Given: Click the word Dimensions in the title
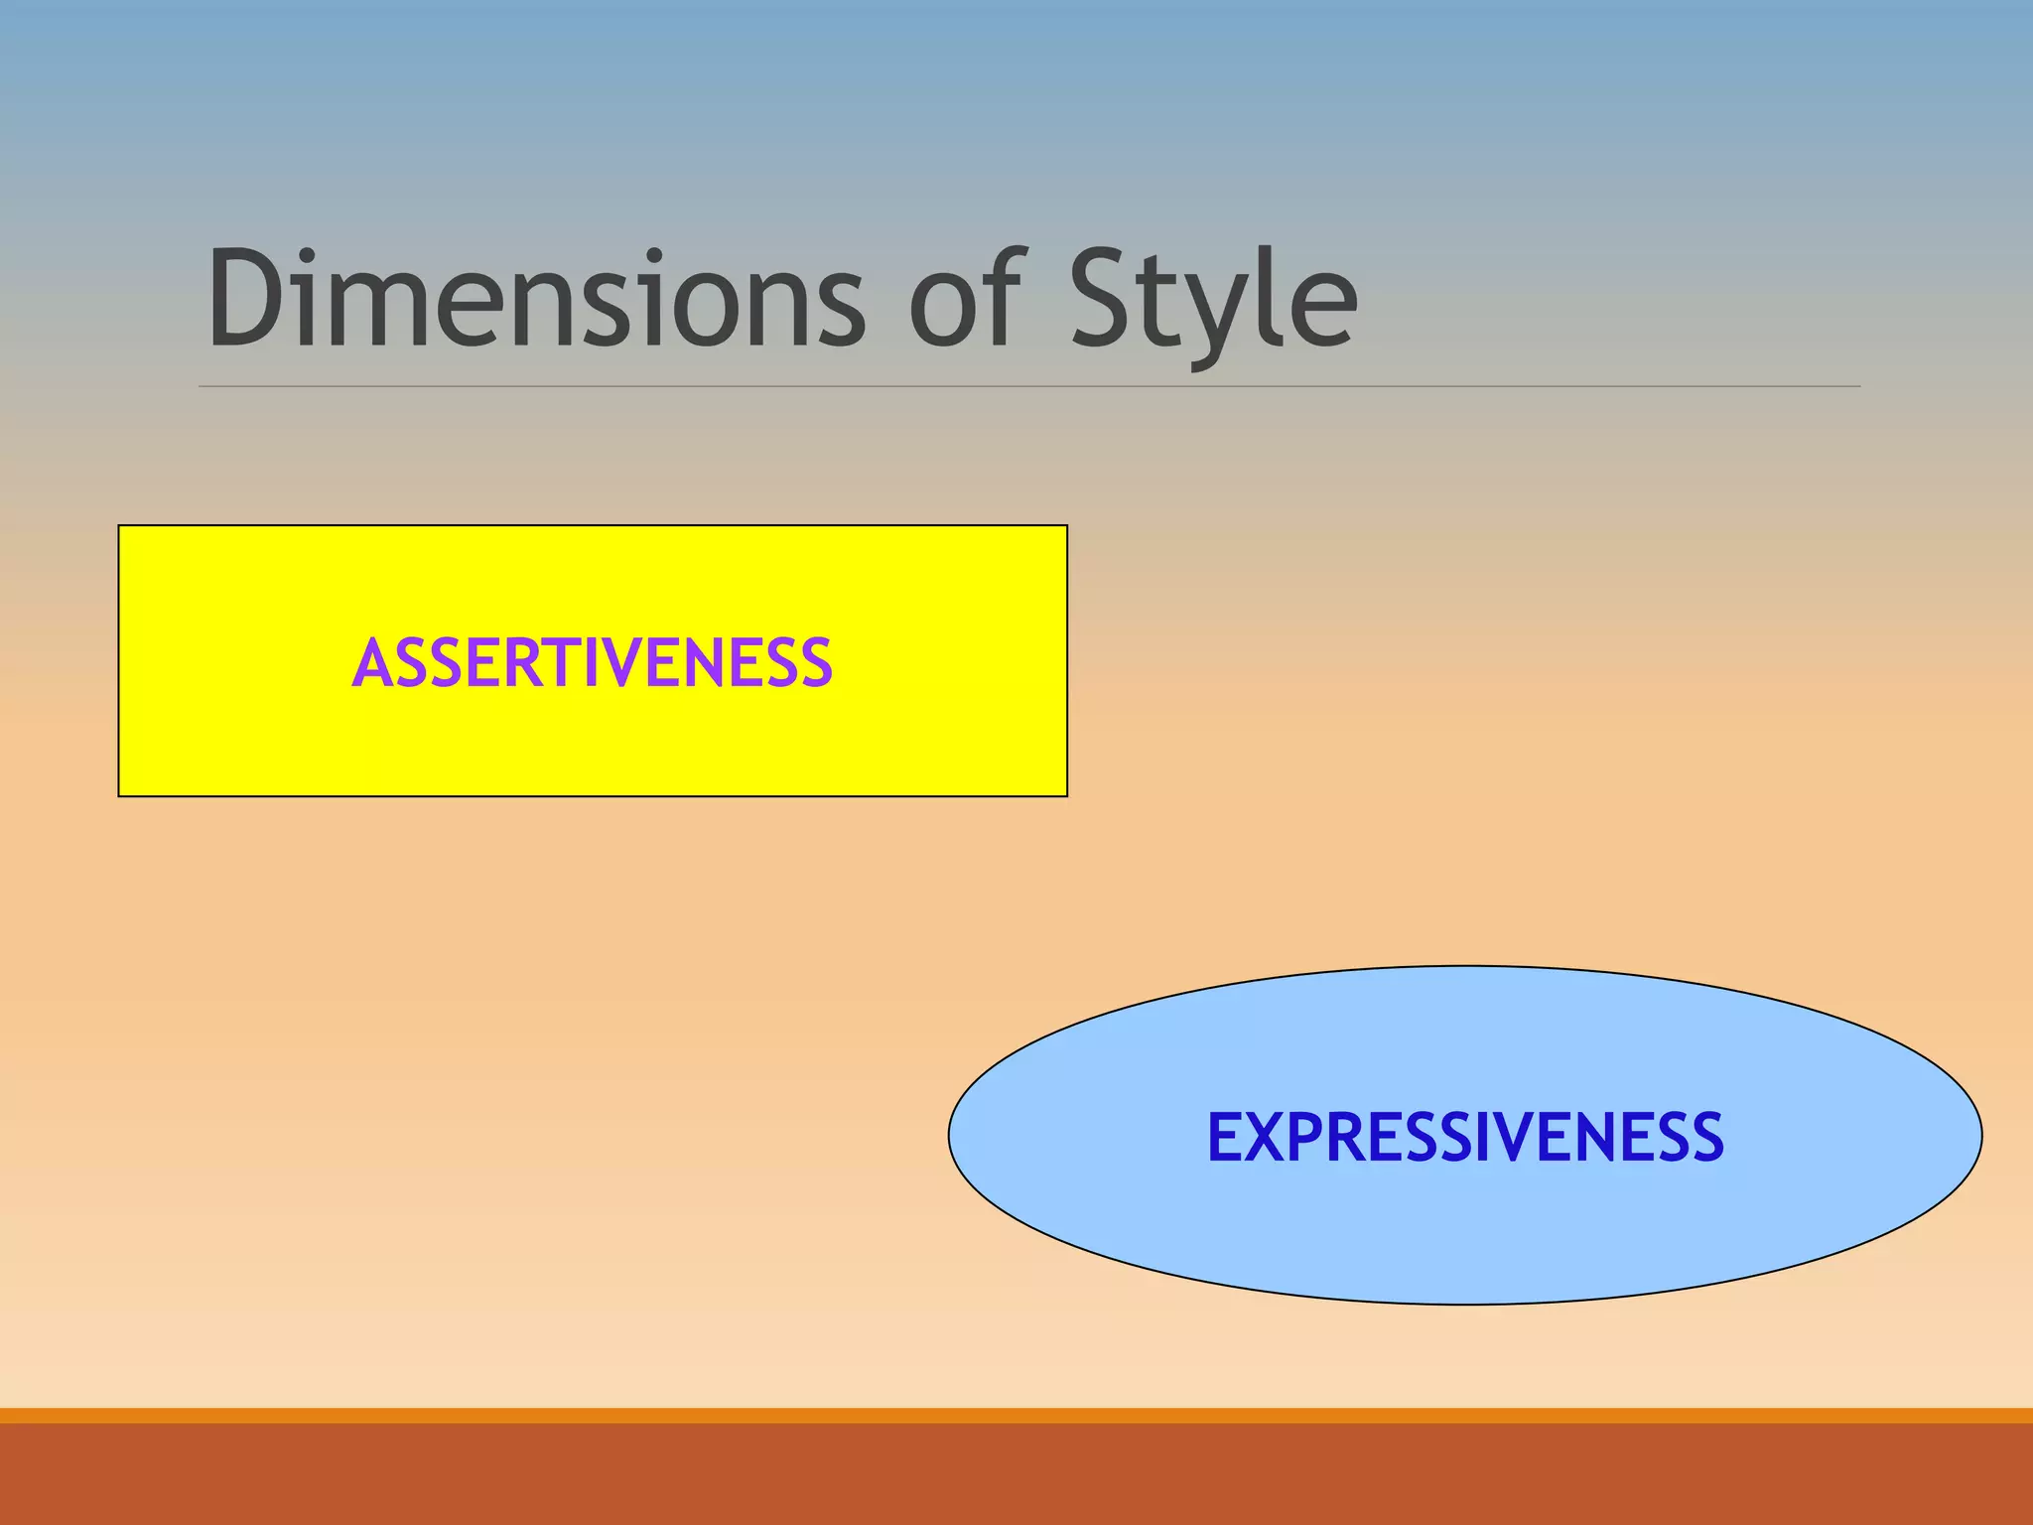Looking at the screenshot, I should [536, 298].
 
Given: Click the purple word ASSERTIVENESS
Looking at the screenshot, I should [592, 663].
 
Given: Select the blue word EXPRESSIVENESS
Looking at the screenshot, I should [1465, 1137].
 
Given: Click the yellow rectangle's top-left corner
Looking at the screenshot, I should [119, 526].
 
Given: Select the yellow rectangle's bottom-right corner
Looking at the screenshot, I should [1066, 795].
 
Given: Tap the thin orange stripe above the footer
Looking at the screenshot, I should [1016, 1416].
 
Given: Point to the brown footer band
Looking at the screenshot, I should [1016, 1475].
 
